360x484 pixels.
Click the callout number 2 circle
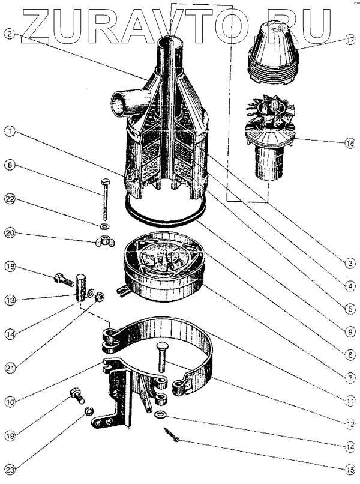pyautogui.click(x=8, y=34)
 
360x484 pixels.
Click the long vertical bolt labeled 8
pyautogui.click(x=106, y=198)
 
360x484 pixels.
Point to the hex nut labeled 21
pyautogui.click(x=100, y=295)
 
